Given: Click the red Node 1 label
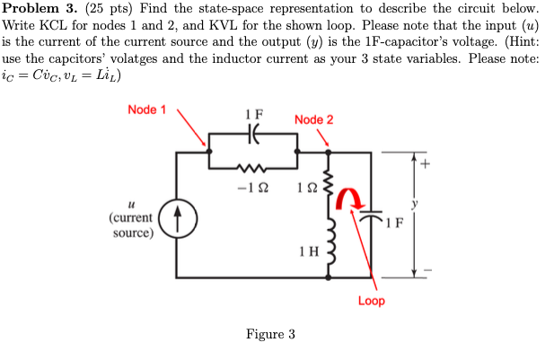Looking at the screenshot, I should coord(146,110).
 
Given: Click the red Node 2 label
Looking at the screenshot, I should coord(313,120).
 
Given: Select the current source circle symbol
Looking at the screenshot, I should coord(177,217).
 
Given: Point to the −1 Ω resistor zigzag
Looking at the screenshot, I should coord(253,166).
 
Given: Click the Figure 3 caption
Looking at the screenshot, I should coord(270,335).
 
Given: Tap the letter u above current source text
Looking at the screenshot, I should coord(132,204).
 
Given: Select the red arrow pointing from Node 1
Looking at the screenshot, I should coord(193,128).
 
